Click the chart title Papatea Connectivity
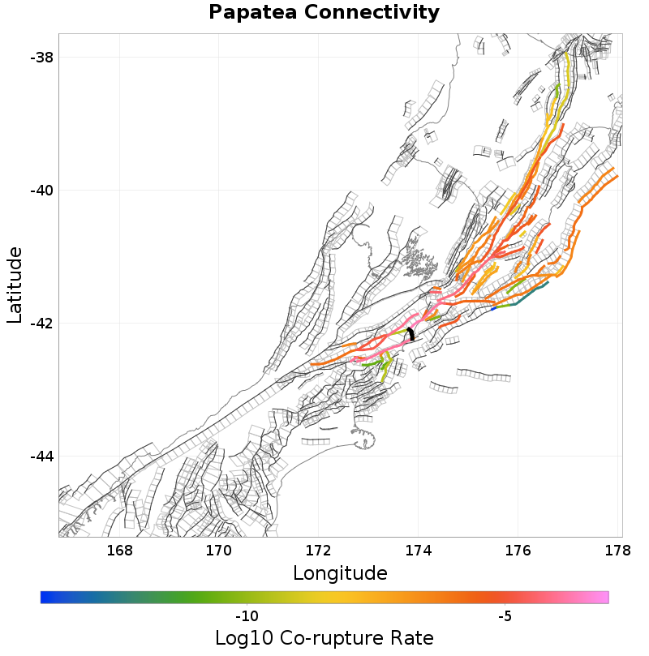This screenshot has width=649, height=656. tap(324, 13)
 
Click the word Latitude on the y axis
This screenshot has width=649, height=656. tap(15, 285)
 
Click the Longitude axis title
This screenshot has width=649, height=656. tap(340, 573)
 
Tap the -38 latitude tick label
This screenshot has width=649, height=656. tap(41, 58)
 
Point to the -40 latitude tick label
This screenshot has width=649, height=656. tap(41, 191)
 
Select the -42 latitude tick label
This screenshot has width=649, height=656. tap(41, 324)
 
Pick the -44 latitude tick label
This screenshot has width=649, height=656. tap(41, 457)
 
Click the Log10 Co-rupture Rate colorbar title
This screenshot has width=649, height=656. tap(324, 637)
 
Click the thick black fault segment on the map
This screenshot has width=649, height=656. tap(411, 333)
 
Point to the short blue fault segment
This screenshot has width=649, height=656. tap(493, 308)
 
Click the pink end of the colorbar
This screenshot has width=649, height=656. tap(602, 598)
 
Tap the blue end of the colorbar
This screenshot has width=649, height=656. tap(46, 598)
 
